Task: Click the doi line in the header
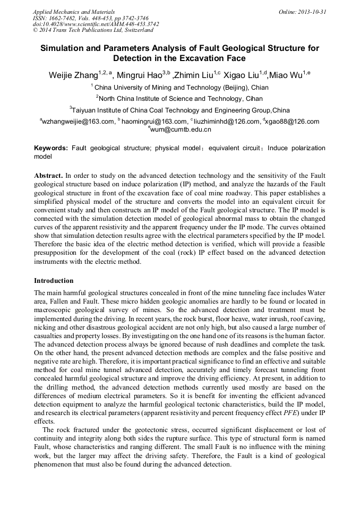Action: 96,24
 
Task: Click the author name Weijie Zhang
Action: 71,76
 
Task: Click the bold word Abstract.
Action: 48,175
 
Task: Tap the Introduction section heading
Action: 54,281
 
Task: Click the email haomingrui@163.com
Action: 151,122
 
